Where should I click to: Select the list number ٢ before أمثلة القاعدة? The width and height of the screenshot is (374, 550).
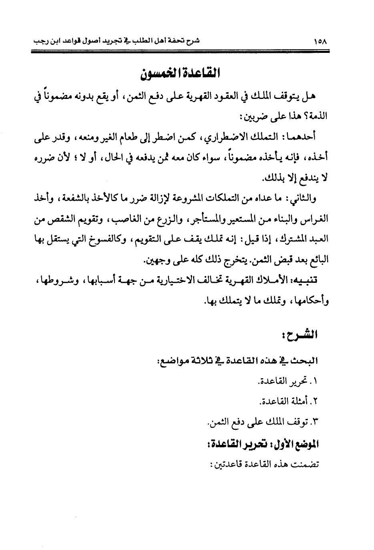[x=315, y=402]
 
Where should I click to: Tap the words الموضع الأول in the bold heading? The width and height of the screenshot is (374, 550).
[x=293, y=445]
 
